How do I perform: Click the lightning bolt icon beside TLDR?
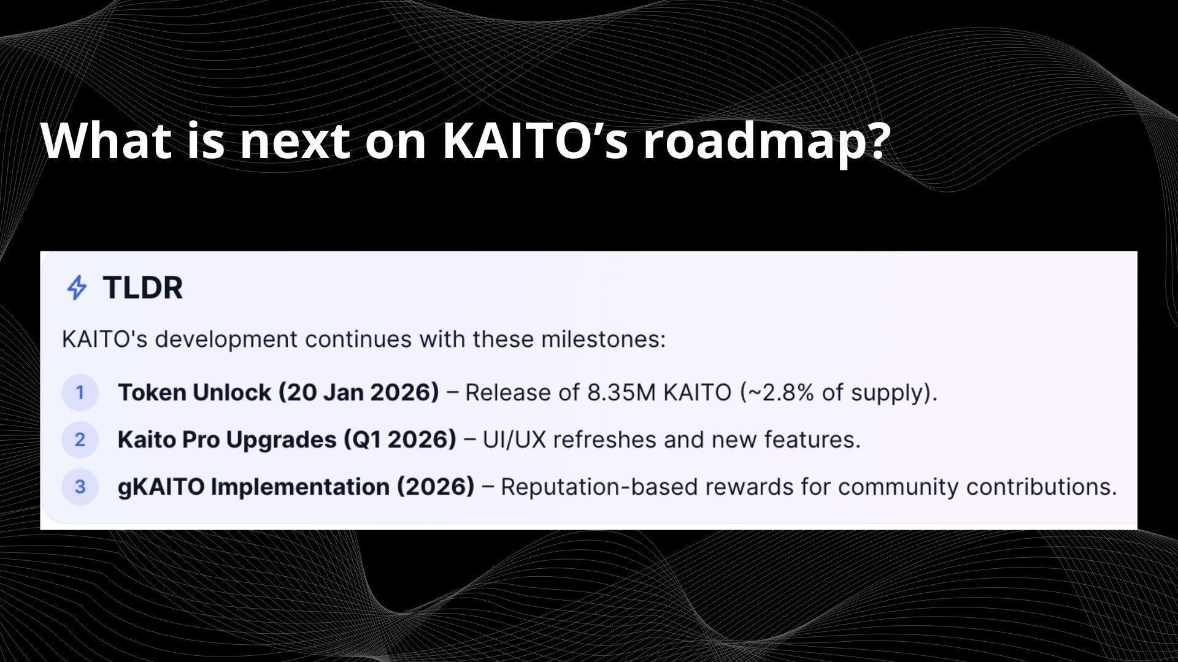click(x=77, y=287)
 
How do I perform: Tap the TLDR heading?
click(x=142, y=287)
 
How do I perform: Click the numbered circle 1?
click(x=80, y=392)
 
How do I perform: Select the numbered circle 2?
click(x=80, y=439)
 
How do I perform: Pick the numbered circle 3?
click(x=80, y=487)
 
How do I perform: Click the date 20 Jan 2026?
click(x=359, y=392)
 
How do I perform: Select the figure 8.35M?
click(x=621, y=392)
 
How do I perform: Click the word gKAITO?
click(x=161, y=487)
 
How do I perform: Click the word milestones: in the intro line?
click(x=603, y=339)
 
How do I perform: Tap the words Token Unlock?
click(x=194, y=392)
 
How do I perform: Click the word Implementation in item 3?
click(x=300, y=487)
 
